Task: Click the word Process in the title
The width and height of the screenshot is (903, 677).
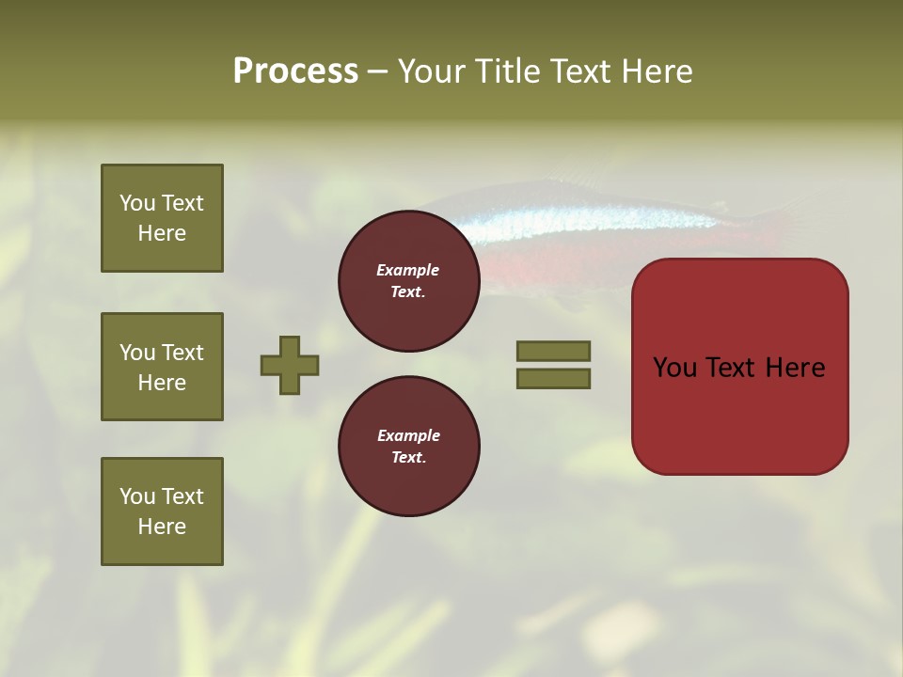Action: point(295,71)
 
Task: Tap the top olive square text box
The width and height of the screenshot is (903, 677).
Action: point(162,218)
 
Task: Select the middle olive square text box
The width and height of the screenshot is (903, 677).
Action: point(162,367)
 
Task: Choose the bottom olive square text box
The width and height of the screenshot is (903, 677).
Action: point(162,512)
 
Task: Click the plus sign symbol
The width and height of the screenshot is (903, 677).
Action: point(290,365)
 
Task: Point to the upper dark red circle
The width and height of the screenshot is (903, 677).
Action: point(408,281)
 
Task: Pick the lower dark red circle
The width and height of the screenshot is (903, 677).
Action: point(408,446)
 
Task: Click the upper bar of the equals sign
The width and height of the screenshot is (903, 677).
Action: point(553,351)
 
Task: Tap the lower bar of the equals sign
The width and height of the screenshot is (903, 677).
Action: point(553,379)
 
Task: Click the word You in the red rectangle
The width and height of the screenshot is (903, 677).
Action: point(674,368)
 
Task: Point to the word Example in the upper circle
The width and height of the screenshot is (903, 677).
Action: point(408,271)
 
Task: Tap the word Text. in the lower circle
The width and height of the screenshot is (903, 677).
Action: point(408,458)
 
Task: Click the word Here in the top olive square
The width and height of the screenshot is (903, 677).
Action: point(162,233)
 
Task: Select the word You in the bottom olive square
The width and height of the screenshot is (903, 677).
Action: point(137,496)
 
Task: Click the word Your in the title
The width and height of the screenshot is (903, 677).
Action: point(428,71)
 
